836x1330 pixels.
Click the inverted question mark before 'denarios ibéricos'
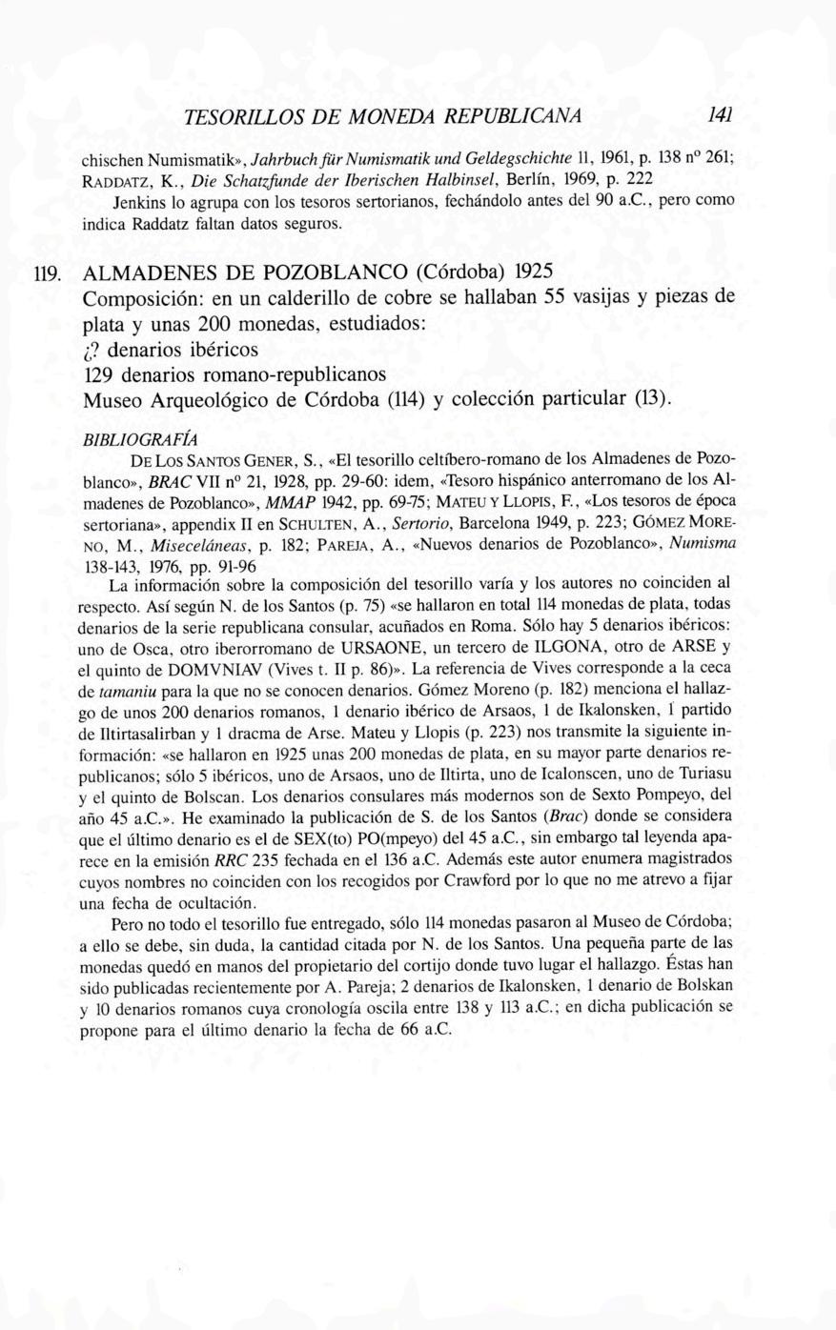(92, 346)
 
